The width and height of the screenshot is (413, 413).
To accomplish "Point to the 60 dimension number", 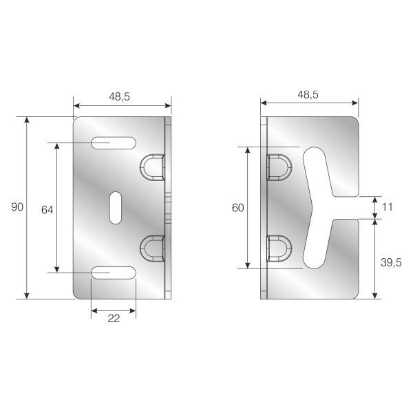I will click(x=237, y=208).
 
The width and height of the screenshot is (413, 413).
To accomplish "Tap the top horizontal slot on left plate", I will click(x=113, y=143).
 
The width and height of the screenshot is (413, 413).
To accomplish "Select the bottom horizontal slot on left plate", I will click(x=113, y=273).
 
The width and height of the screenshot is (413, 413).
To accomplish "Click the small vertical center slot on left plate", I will click(x=114, y=207).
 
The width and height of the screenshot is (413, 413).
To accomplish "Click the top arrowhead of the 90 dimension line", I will click(x=27, y=121).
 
